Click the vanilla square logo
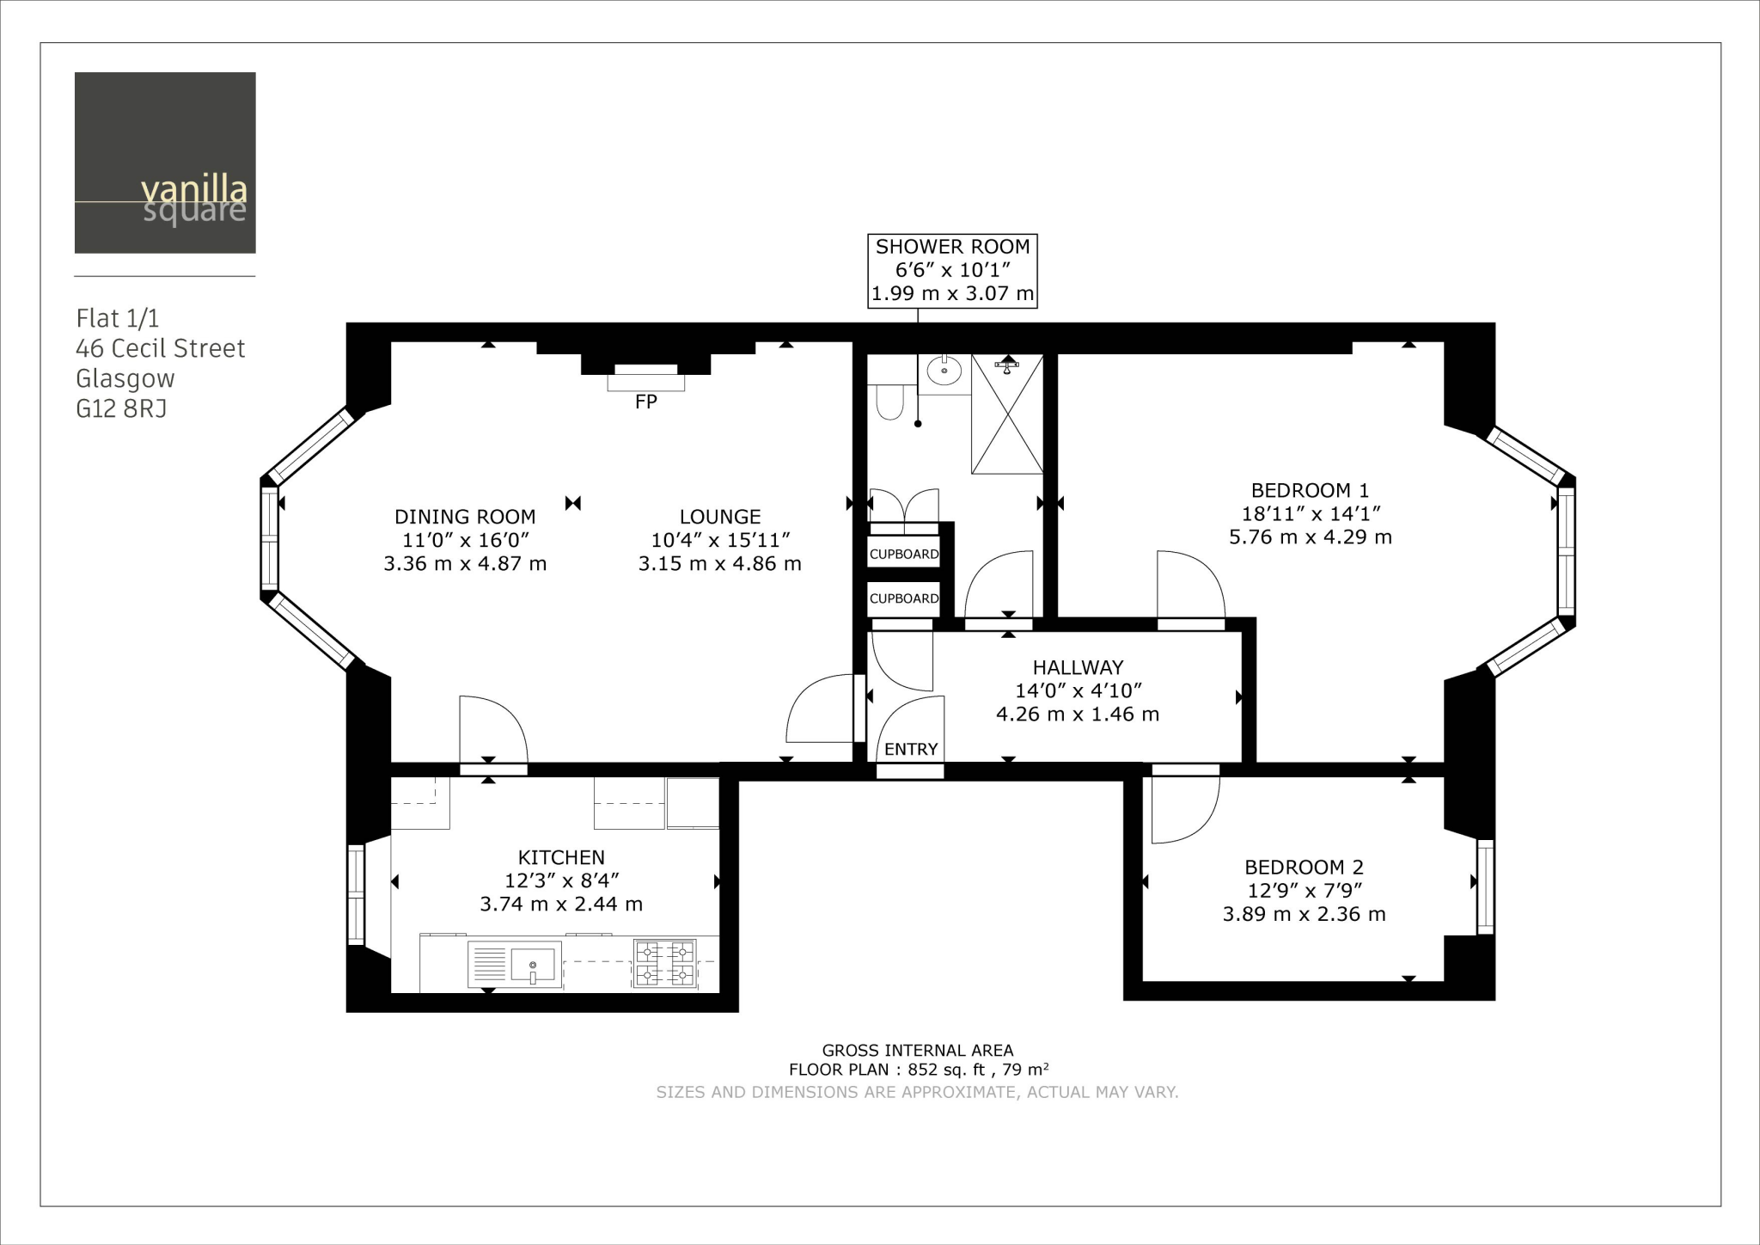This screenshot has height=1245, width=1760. [x=165, y=163]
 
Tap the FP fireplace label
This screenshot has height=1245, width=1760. [x=645, y=402]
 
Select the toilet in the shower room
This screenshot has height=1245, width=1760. [x=889, y=401]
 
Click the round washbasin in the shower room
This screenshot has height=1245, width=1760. [x=944, y=371]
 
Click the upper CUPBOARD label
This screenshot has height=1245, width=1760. [x=904, y=554]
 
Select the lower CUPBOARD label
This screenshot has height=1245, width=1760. [x=904, y=598]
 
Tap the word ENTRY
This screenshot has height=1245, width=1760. [x=911, y=749]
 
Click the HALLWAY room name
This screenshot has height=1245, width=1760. [x=1078, y=667]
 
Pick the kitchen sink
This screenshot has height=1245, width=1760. [x=532, y=964]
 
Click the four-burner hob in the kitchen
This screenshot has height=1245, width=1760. [x=664, y=963]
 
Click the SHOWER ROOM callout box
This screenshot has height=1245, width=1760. [x=952, y=270]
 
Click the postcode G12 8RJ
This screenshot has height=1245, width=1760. [x=121, y=408]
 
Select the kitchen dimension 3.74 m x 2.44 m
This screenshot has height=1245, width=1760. [x=561, y=904]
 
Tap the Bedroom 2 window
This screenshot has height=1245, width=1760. [x=1485, y=886]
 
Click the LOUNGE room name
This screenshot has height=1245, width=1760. [x=720, y=517]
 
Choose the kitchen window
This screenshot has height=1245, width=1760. [x=356, y=895]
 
